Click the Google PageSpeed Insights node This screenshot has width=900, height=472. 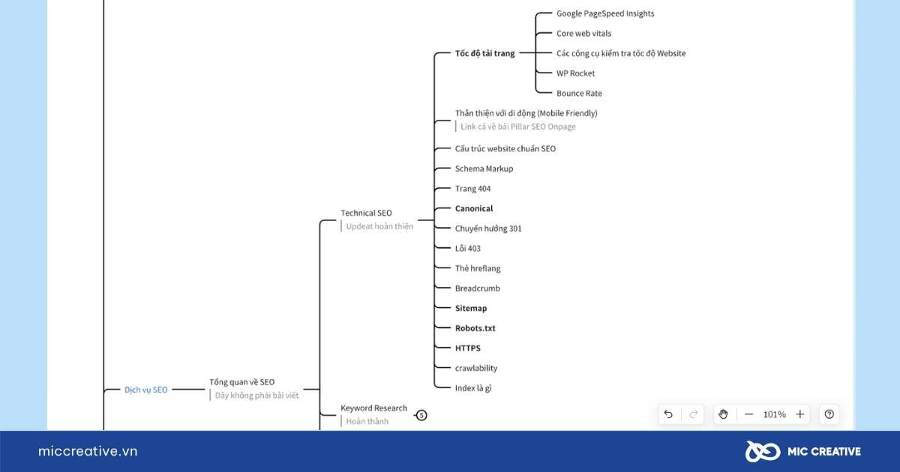tap(605, 13)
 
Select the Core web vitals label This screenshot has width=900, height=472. tap(583, 33)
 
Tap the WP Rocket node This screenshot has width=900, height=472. tap(575, 73)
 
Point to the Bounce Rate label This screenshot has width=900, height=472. tap(579, 93)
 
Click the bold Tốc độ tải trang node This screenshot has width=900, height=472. tap(484, 53)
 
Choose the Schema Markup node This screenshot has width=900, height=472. tap(484, 169)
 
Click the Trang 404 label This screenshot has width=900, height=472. tap(472, 189)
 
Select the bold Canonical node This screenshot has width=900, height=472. tap(474, 208)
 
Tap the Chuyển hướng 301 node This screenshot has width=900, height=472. tap(487, 229)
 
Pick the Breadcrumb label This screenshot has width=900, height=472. tap(477, 288)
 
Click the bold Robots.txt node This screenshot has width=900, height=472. tap(475, 328)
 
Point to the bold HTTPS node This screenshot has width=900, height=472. tap(468, 348)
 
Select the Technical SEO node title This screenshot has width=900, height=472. tap(366, 213)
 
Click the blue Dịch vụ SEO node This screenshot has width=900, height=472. tap(145, 390)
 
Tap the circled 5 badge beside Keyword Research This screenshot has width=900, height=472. tap(421, 415)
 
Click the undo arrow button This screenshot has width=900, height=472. tap(668, 414)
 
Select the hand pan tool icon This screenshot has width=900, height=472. tap(723, 414)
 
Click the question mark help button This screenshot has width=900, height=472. tap(829, 414)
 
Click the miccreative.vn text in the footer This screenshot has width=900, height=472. tap(88, 451)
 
